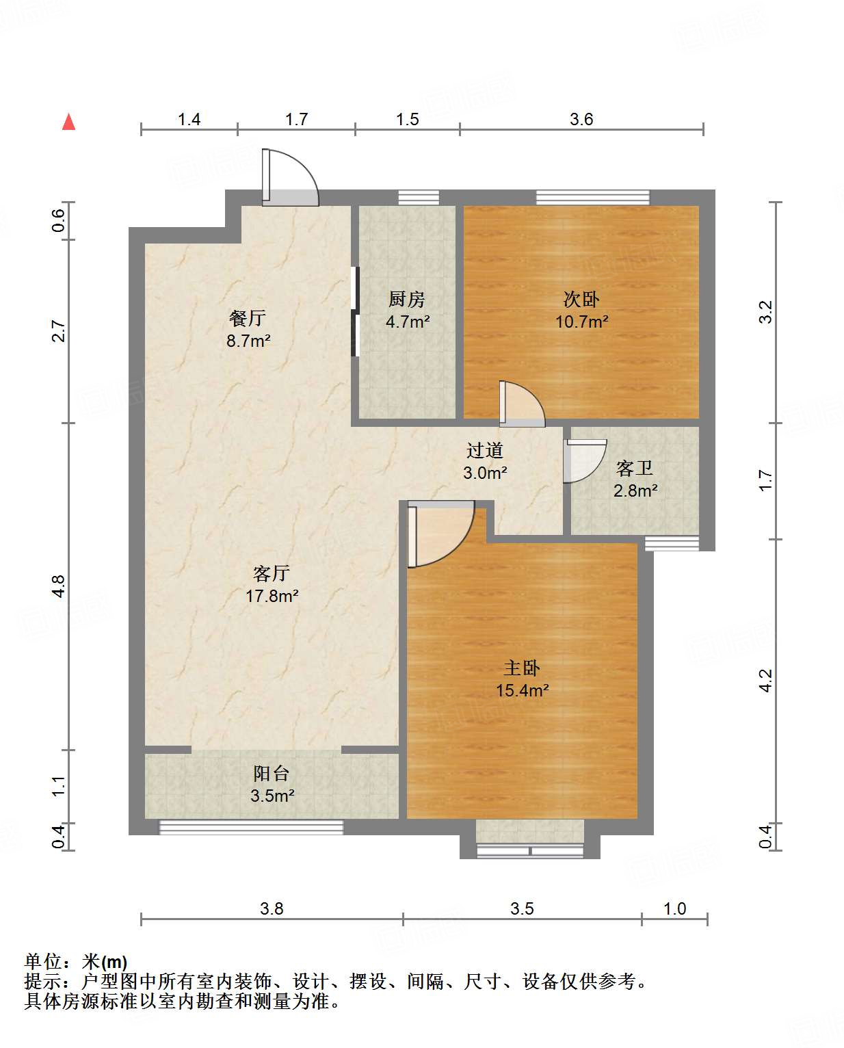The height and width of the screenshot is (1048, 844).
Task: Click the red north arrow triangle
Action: pyautogui.click(x=68, y=122)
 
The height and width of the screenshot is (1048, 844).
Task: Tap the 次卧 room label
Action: pyautogui.click(x=581, y=299)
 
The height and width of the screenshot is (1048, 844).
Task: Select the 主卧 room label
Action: pyautogui.click(x=522, y=668)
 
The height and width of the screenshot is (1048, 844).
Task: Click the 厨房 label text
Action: pyautogui.click(x=407, y=299)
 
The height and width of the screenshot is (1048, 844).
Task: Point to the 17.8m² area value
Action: pyautogui.click(x=272, y=596)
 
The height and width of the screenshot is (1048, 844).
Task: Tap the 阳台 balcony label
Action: pyautogui.click(x=272, y=774)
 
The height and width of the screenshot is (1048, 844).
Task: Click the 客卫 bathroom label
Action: pyautogui.click(x=634, y=469)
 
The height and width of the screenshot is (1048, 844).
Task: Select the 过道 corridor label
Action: pyautogui.click(x=484, y=451)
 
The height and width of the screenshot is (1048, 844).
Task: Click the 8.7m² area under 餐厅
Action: pyautogui.click(x=248, y=341)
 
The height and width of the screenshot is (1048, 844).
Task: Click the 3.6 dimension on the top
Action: pyautogui.click(x=581, y=119)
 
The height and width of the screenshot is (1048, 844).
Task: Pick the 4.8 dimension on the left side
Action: pyautogui.click(x=58, y=586)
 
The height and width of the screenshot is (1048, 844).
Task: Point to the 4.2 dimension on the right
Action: pyautogui.click(x=765, y=681)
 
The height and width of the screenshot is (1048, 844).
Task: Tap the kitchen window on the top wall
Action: pyautogui.click(x=419, y=197)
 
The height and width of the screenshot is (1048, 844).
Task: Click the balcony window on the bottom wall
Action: pyautogui.click(x=251, y=828)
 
